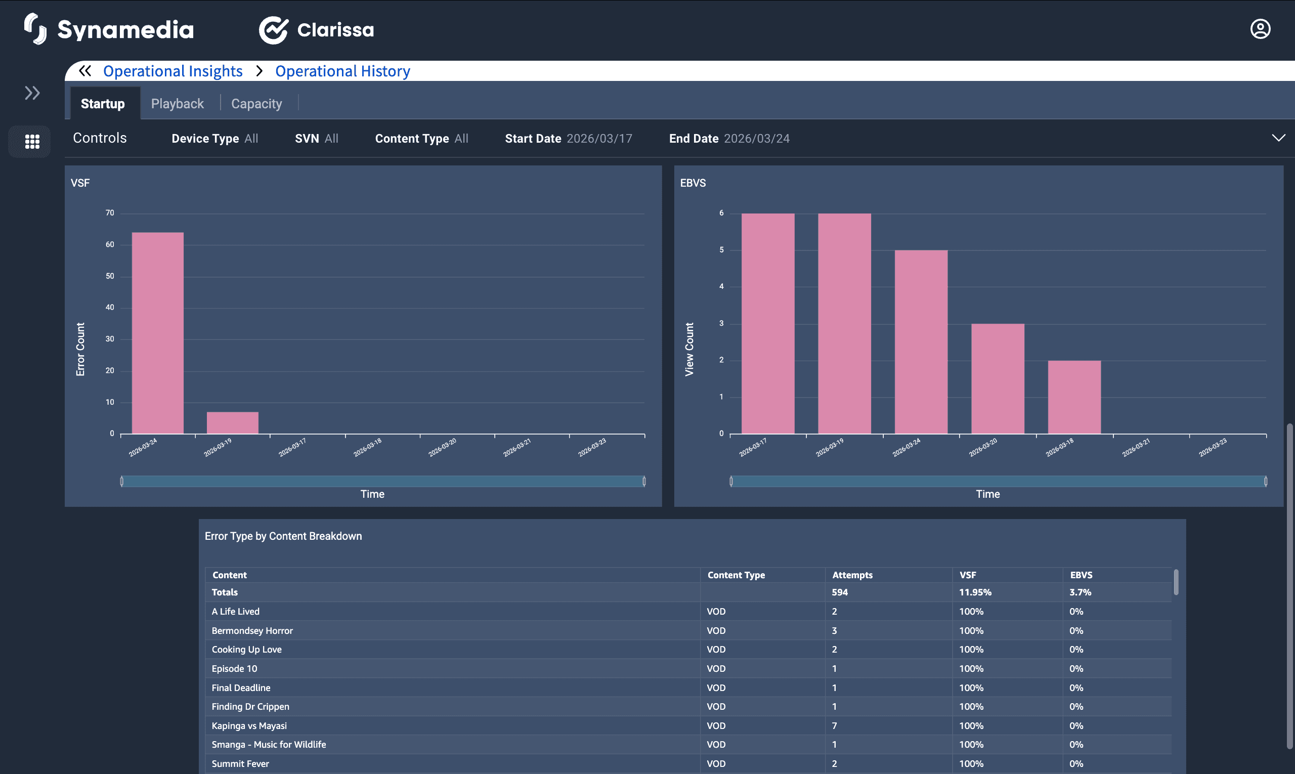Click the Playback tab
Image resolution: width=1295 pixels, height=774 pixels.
click(x=178, y=104)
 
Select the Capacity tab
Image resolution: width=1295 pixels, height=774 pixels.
click(x=256, y=104)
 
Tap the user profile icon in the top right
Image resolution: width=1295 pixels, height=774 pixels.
click(x=1260, y=29)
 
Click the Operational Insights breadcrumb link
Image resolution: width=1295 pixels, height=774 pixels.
click(x=172, y=71)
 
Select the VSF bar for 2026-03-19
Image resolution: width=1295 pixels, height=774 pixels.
click(x=233, y=423)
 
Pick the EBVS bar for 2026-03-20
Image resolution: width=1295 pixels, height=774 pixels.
click(x=997, y=379)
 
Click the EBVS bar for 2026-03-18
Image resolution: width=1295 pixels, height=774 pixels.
click(x=1074, y=397)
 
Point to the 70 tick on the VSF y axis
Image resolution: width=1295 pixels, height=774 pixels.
click(x=110, y=213)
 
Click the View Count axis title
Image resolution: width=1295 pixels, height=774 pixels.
click(x=689, y=349)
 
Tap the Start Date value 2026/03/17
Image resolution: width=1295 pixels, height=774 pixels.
click(x=599, y=139)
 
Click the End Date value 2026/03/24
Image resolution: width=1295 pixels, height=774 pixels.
click(x=756, y=139)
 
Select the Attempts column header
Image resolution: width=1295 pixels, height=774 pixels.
click(x=852, y=575)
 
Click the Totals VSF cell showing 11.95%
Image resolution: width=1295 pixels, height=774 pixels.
click(x=975, y=592)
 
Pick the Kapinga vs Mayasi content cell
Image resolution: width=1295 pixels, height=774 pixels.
click(x=249, y=725)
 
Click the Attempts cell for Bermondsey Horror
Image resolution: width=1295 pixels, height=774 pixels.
click(x=835, y=630)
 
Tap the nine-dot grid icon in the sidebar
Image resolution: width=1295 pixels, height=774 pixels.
click(x=32, y=141)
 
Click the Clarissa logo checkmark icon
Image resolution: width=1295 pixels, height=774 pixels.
click(x=273, y=30)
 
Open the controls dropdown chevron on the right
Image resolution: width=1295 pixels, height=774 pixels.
click(x=1278, y=138)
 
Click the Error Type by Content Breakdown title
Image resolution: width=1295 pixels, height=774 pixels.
click(x=283, y=536)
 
